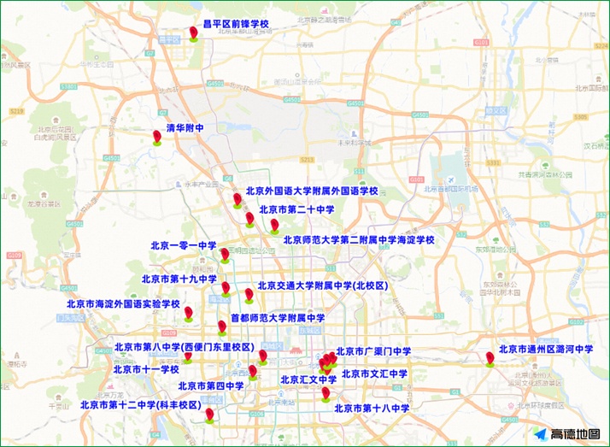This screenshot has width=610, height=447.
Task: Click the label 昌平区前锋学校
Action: click(x=235, y=25)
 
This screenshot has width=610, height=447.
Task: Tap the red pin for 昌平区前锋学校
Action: click(x=194, y=33)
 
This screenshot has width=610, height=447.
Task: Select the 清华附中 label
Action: click(x=185, y=128)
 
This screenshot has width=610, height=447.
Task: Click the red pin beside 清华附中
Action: click(x=157, y=136)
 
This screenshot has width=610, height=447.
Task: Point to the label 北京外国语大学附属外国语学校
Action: click(x=312, y=191)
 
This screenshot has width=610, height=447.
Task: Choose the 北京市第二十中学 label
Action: click(x=296, y=209)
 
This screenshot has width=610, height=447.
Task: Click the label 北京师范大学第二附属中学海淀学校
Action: click(x=359, y=240)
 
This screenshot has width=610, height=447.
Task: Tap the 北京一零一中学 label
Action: click(x=184, y=246)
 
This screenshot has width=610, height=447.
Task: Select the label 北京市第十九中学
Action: click(x=179, y=279)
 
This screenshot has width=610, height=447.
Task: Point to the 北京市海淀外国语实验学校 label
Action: click(x=124, y=304)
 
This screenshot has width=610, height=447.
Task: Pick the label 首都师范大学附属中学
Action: click(x=278, y=318)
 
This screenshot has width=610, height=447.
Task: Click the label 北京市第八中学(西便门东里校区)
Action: click(x=185, y=348)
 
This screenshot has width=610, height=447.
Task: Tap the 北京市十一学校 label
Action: click(x=146, y=369)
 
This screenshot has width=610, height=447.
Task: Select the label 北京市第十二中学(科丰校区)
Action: click(x=140, y=405)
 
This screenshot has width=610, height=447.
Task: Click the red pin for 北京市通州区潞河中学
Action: click(x=490, y=357)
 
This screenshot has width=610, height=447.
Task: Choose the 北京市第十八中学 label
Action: click(x=372, y=409)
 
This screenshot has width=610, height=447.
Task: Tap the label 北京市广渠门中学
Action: click(x=373, y=351)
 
